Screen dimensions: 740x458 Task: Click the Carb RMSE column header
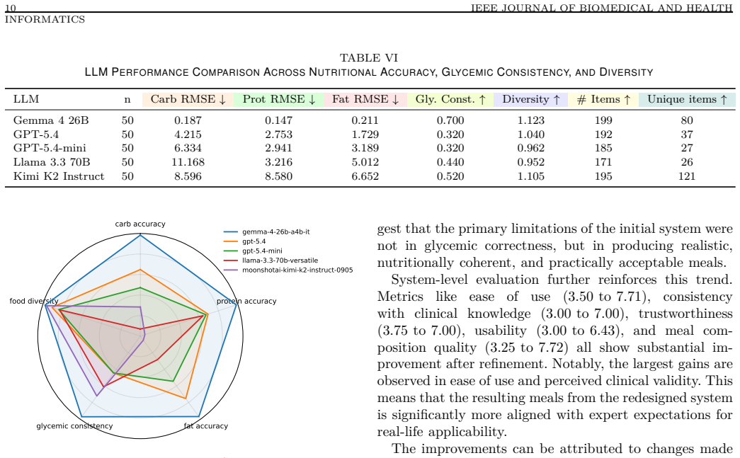tap(188, 100)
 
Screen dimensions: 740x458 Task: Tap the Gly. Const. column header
tap(450, 100)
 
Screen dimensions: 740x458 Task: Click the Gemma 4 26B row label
tap(51, 120)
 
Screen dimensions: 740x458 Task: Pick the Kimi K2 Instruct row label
tap(59, 176)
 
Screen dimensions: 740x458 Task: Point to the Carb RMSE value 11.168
tap(188, 162)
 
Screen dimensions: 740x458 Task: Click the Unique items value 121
tap(687, 176)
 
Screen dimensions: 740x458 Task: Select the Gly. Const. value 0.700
tap(450, 120)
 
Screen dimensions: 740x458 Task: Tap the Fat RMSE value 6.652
tap(365, 176)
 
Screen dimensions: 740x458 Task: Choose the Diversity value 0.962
tap(530, 148)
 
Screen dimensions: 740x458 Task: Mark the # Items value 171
tap(603, 162)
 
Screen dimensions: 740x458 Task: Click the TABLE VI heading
tap(369, 57)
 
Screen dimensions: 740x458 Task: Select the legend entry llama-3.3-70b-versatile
tap(271, 261)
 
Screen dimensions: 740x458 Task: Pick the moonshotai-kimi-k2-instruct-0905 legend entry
tap(288, 270)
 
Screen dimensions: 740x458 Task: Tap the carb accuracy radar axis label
tap(140, 224)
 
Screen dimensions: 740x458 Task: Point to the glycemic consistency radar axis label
tap(74, 426)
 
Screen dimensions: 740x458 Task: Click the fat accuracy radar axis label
tap(206, 426)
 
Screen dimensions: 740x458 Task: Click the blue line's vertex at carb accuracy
tap(140, 235)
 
